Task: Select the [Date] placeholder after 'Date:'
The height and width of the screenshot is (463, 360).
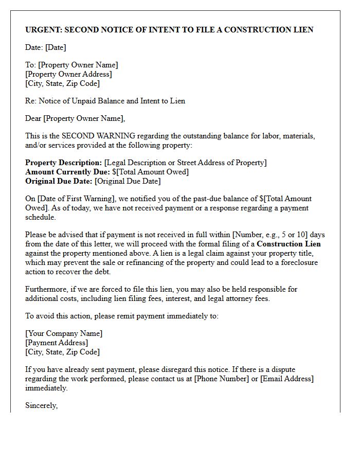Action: [56, 47]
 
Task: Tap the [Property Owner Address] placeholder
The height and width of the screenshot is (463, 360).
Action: [68, 74]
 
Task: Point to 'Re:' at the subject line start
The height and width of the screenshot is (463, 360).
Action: [31, 101]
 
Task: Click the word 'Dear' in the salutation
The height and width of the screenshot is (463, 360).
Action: [33, 118]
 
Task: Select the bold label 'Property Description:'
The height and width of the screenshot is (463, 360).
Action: [63, 163]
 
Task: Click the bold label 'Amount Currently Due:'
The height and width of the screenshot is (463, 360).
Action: [67, 172]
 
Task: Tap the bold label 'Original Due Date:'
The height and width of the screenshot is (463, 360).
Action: [59, 181]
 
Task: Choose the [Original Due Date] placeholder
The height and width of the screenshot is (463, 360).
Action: [128, 181]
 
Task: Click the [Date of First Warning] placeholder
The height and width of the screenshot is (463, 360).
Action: [76, 199]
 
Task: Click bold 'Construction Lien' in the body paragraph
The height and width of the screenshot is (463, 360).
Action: [289, 244]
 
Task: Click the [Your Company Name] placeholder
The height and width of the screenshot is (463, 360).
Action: [64, 333]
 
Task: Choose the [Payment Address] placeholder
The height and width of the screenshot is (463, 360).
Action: [57, 343]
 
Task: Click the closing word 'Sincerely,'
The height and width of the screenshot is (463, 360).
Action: [42, 405]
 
